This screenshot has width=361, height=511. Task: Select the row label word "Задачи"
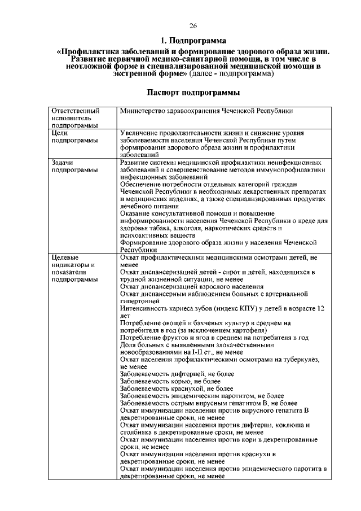coord(62,162)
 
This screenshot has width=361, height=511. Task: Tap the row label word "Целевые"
coord(64,257)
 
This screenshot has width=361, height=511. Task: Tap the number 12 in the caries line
coord(320,309)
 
